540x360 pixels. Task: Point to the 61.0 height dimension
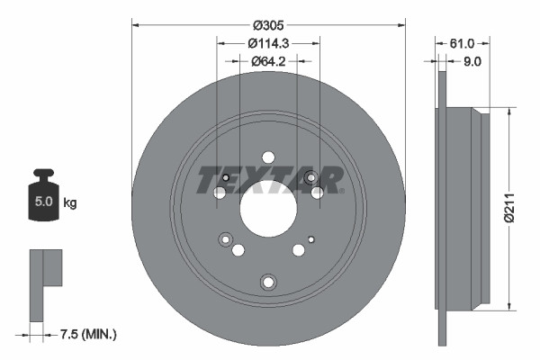pos(461,42)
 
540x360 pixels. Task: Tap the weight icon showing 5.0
pos(43,197)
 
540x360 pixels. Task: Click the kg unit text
pos(70,203)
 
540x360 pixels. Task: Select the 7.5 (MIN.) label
pos(88,335)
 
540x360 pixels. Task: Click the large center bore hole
pos(268,206)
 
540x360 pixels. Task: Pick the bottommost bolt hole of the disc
pos(267,283)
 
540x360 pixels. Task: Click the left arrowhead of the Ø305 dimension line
pos(136,25)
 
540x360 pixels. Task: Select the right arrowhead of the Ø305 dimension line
pos(400,25)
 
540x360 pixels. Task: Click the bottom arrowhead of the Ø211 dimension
pos(510,307)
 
